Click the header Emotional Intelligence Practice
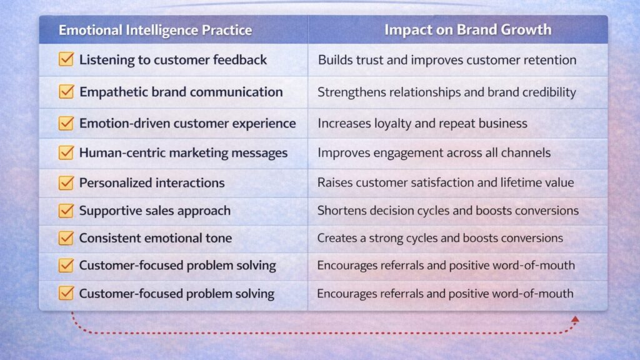point(155,30)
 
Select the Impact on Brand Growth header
point(467,29)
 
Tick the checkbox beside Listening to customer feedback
point(66,59)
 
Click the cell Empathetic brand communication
point(181,92)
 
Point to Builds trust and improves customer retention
point(447,60)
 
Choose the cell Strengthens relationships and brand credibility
point(446,92)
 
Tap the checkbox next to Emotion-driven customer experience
point(66,123)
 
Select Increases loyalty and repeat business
point(422,123)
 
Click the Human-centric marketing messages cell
point(183,152)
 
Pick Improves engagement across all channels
point(434,152)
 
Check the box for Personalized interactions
point(66,182)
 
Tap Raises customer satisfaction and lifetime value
point(445,182)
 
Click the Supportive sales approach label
point(155,211)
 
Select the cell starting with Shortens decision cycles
point(447,211)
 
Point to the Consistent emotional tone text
point(156,238)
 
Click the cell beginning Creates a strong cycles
point(440,238)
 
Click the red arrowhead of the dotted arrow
point(575,319)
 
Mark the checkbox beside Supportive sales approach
point(66,210)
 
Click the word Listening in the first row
point(107,60)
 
